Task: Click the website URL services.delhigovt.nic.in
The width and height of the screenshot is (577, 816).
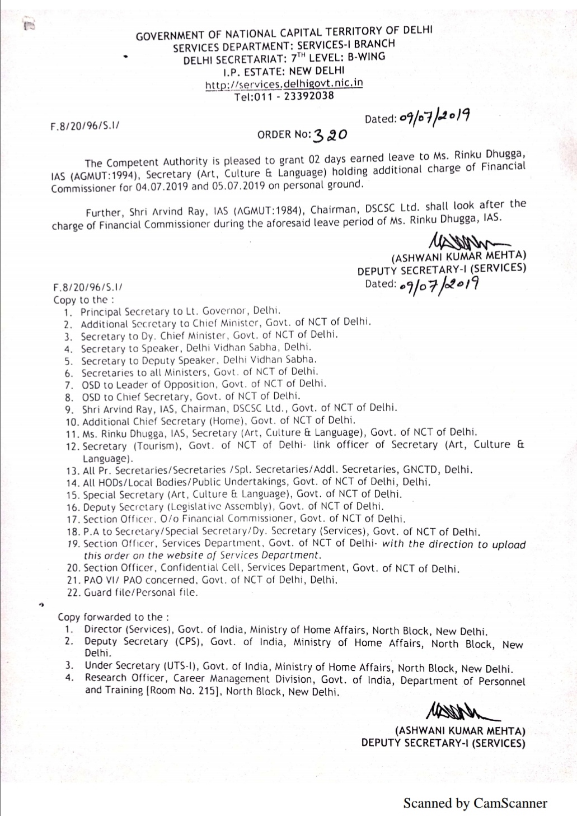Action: point(284,84)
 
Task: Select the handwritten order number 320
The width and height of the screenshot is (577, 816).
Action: point(331,134)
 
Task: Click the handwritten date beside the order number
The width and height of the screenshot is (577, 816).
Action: point(434,117)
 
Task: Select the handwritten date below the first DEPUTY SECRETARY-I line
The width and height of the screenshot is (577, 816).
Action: point(439,285)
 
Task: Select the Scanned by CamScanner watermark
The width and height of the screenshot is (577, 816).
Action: point(475,803)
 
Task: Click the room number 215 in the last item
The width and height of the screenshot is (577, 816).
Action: point(206,691)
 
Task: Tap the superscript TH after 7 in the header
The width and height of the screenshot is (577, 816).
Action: point(301,55)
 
